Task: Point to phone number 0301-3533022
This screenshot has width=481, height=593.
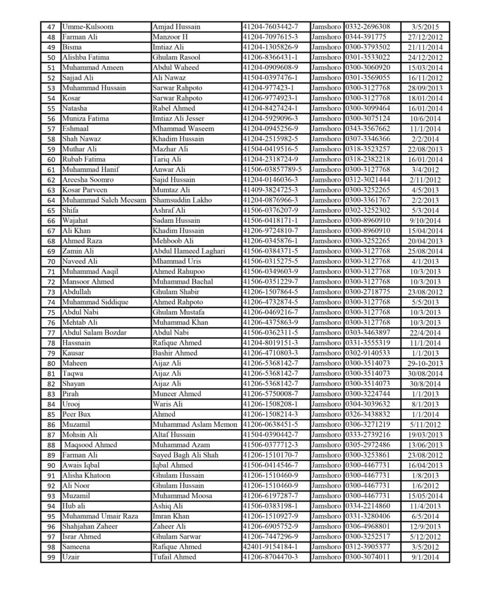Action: pos(368,57)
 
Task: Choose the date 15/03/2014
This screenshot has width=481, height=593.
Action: pos(425,67)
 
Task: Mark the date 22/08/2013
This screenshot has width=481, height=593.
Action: pos(425,149)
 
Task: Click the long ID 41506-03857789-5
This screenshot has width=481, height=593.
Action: pos(275,169)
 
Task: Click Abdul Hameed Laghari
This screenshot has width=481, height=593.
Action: pos(188,251)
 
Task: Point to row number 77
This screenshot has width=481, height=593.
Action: pos(51,332)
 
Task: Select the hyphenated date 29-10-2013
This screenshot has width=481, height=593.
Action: pos(425,363)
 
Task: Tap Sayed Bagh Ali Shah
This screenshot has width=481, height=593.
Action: pos(186,455)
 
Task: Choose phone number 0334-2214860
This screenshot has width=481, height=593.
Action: pos(368,506)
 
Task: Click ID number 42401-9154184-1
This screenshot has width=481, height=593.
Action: pos(271,547)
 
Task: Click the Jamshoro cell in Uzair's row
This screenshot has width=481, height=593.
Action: pos(326,557)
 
